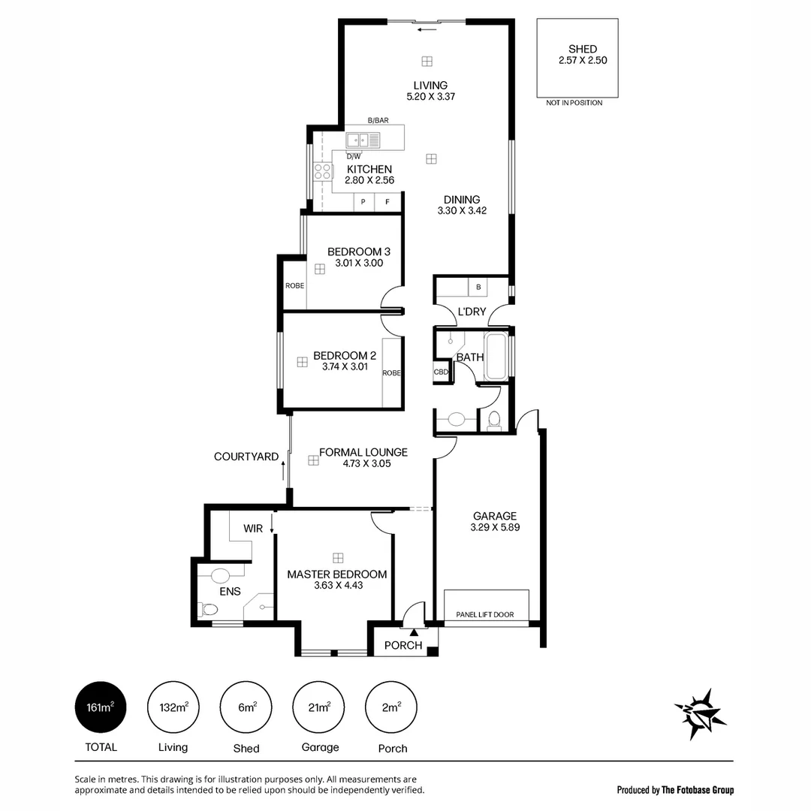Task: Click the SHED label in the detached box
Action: tap(582, 50)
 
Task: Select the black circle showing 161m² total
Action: tap(101, 707)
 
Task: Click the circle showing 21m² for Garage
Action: tap(319, 707)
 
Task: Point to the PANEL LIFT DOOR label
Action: tap(485, 615)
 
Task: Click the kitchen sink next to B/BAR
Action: tap(357, 140)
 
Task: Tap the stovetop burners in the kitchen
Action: tap(323, 172)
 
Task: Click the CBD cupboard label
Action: tap(441, 372)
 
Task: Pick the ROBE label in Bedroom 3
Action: tap(294, 285)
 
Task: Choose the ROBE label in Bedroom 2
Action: tap(391, 372)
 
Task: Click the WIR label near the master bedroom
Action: tap(253, 529)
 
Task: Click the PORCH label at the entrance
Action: tap(403, 645)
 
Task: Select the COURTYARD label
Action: tap(246, 457)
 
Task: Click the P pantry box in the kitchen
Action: tap(363, 202)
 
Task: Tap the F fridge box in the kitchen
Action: tap(388, 202)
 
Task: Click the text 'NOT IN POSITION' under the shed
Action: tap(574, 103)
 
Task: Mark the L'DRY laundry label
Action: tap(472, 312)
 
